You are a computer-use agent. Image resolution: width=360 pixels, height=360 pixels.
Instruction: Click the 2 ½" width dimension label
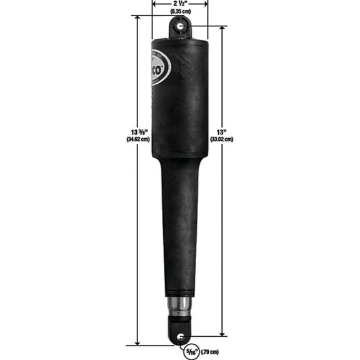pyautogui.click(x=180, y=4)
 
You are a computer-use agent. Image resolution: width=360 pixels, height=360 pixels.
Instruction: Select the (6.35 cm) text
pyautogui.click(x=180, y=11)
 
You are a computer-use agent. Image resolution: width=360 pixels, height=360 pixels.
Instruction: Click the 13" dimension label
pyautogui.click(x=221, y=132)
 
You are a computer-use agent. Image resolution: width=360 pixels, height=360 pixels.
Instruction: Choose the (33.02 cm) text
pyautogui.click(x=221, y=139)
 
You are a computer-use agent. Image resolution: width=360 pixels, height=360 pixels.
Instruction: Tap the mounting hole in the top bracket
pyautogui.click(x=181, y=26)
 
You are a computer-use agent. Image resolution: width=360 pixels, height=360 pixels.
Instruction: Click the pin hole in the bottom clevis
pyautogui.click(x=180, y=336)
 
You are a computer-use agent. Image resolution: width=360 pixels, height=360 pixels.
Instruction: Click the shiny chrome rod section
pyautogui.click(x=180, y=306)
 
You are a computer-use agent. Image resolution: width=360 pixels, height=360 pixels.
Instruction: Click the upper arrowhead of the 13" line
pyautogui.click(x=221, y=29)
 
